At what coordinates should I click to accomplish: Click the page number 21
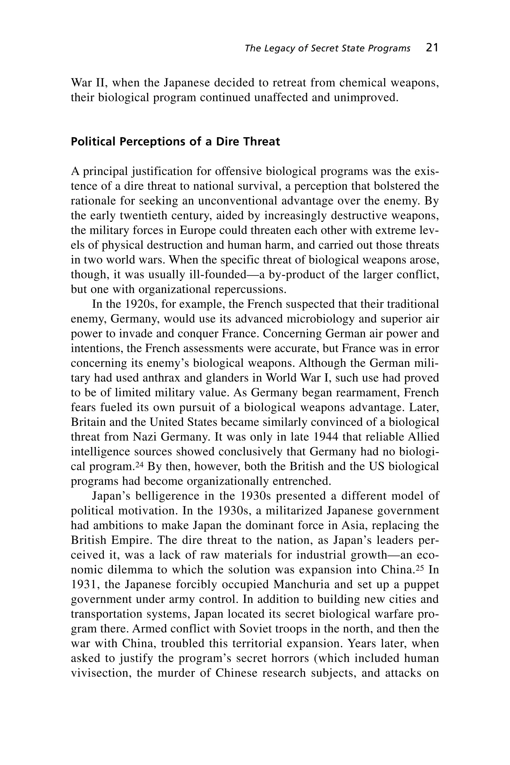(432, 48)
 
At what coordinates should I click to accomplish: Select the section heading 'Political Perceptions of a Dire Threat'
(175, 142)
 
